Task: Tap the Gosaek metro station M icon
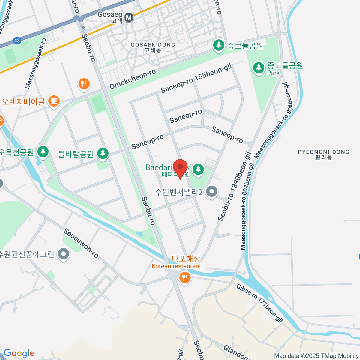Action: [129, 17]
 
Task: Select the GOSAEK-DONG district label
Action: [153, 47]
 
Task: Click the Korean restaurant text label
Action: [176, 266]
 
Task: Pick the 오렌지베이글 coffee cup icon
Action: [54, 101]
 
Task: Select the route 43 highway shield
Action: [17, 40]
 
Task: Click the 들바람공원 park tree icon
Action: [103, 153]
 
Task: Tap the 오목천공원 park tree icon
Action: [43, 151]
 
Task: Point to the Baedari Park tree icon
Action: [198, 169]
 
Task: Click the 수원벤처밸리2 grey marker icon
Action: [212, 191]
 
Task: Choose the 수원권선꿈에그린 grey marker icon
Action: [64, 254]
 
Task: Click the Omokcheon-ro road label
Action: [133, 79]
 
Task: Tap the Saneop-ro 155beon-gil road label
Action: [196, 79]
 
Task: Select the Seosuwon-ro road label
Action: [81, 243]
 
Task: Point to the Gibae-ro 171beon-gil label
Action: [260, 303]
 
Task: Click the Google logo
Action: [19, 353]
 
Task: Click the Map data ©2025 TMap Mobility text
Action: [316, 356]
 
